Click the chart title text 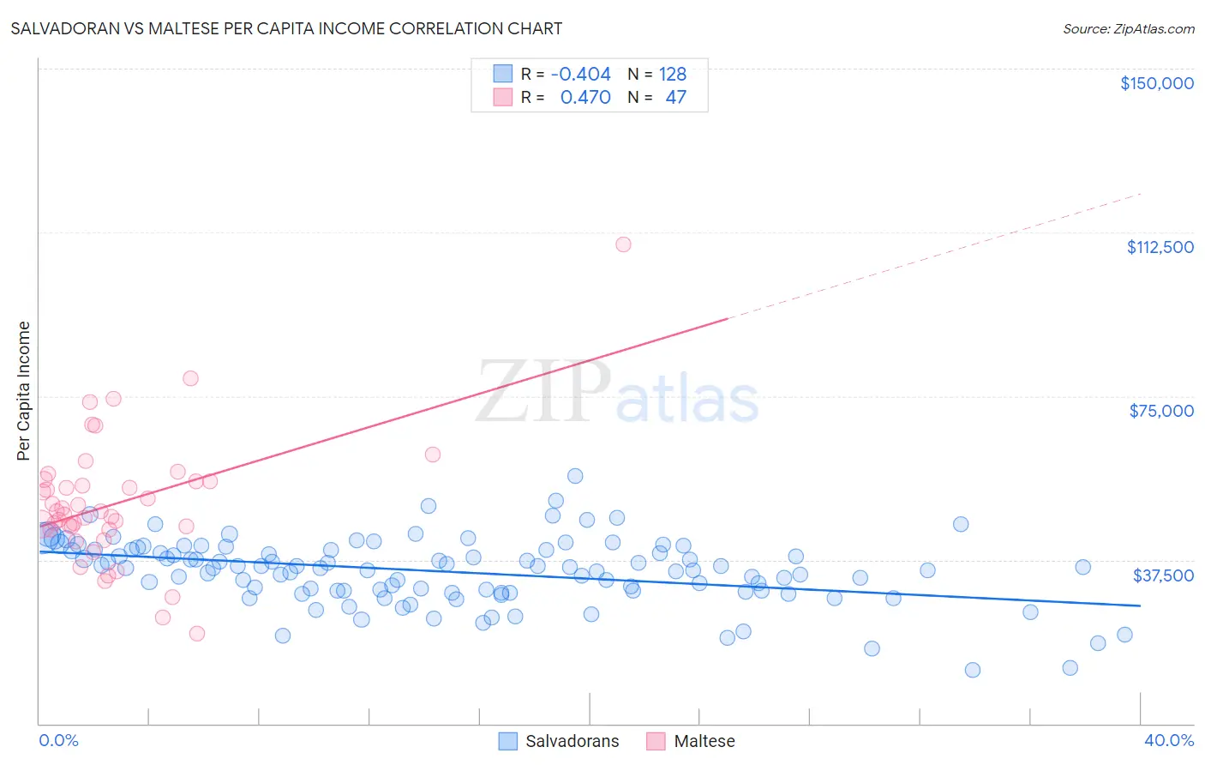pos(286,28)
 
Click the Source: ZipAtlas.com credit pos(1128,28)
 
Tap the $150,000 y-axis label pos(1156,83)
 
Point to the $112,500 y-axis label pos(1160,247)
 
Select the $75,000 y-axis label pos(1160,411)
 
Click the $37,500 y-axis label pos(1163,575)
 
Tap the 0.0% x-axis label pos(58,740)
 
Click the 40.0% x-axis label pos(1168,740)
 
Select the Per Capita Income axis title pos(24,390)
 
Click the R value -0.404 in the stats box pos(580,75)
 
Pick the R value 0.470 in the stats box pos(585,98)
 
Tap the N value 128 pos(673,75)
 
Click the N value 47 pos(675,98)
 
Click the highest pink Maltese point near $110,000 pos(623,244)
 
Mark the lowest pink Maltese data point pos(196,633)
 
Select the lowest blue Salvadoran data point pos(972,670)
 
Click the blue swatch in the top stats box pos(502,74)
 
